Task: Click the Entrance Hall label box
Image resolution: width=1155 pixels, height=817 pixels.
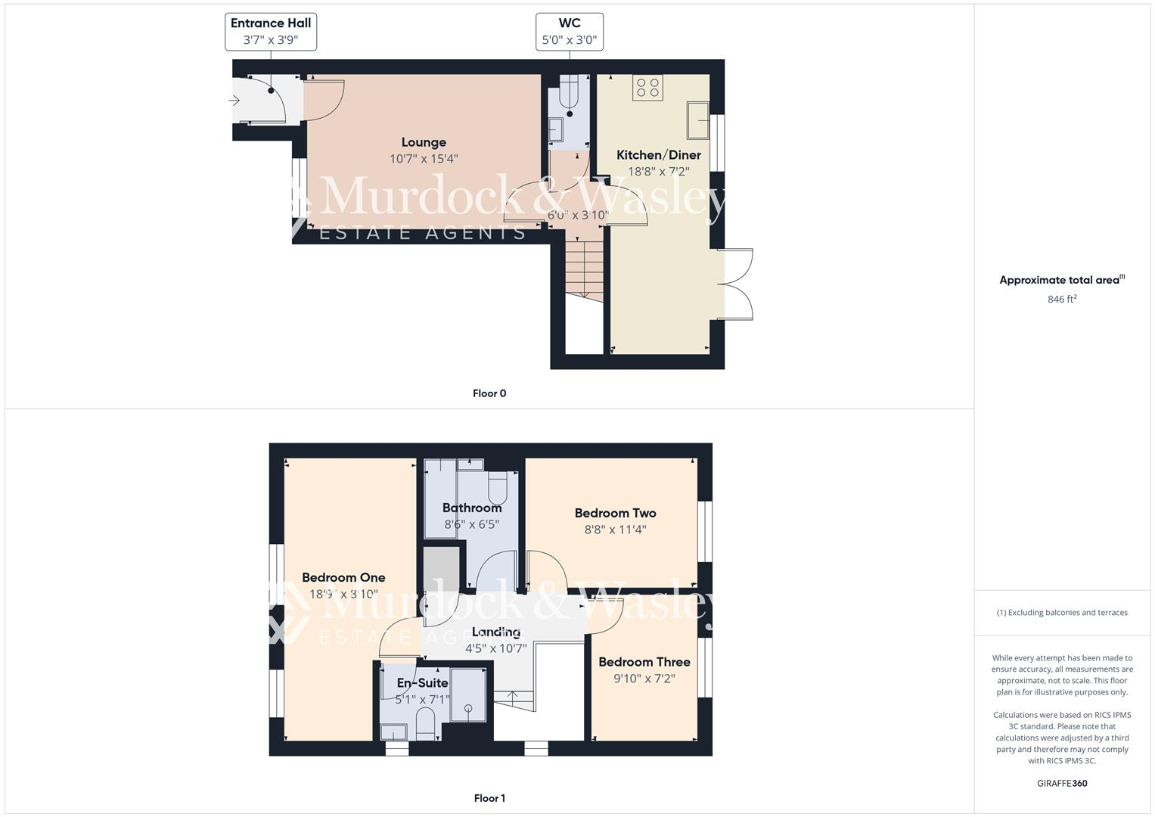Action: tap(271, 32)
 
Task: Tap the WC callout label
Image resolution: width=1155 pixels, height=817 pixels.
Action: tap(569, 32)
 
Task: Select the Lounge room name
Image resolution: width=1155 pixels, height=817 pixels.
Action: tap(424, 142)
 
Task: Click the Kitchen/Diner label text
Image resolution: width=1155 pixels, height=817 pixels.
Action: tap(658, 155)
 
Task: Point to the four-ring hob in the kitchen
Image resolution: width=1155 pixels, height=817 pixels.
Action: tap(648, 88)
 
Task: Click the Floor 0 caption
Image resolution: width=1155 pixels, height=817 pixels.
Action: tap(489, 393)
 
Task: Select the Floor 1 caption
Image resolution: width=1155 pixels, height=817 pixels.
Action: tap(489, 798)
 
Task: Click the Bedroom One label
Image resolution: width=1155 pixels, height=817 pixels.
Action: tap(343, 578)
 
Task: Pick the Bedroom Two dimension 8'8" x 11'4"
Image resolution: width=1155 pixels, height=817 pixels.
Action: tap(615, 530)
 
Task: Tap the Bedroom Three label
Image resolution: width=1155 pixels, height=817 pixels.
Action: tap(644, 662)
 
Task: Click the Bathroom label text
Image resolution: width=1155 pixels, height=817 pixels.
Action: tap(471, 508)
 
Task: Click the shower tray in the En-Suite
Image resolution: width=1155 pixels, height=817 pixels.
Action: tap(469, 694)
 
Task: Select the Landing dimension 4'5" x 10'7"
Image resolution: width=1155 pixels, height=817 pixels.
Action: tap(495, 648)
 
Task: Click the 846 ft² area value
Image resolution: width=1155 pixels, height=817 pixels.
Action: tap(1062, 299)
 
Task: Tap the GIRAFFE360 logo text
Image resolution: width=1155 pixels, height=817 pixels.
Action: tap(1062, 783)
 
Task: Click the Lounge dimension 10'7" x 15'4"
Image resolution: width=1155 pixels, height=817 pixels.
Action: tap(424, 159)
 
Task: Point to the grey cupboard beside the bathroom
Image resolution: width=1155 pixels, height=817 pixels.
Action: tap(441, 568)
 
